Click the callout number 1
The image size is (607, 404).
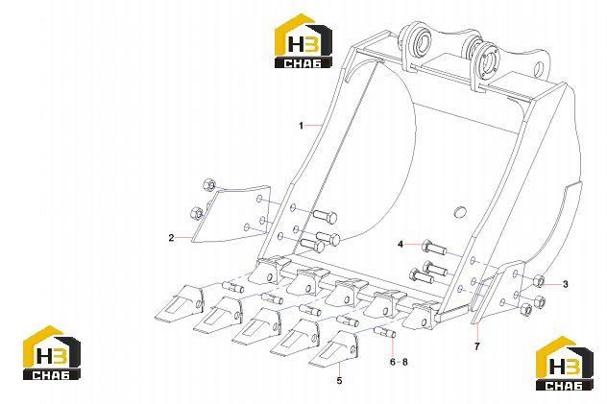301,126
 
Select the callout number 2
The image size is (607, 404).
171,238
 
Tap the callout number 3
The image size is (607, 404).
565,285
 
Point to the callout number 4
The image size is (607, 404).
401,244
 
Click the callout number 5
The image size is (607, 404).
339,381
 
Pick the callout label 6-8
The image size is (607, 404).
399,362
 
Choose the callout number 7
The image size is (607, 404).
477,346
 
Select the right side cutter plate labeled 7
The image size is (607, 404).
498,292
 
